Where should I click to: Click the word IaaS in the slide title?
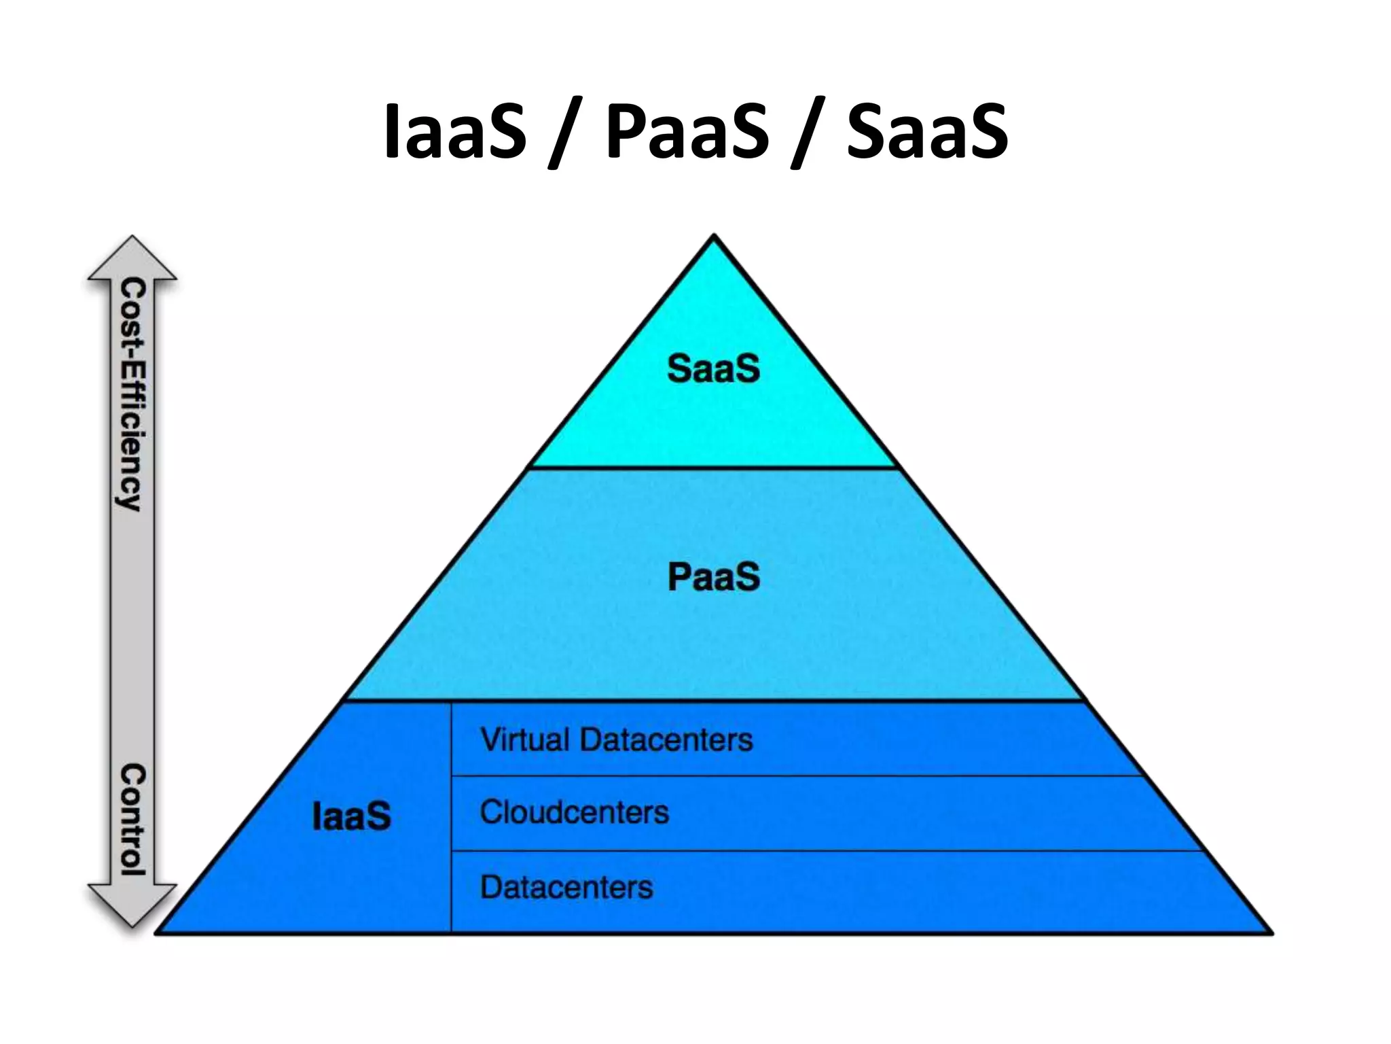[x=454, y=132]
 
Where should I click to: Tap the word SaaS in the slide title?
[x=927, y=132]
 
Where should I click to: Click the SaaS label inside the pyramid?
[x=713, y=369]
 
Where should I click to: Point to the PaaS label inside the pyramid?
[x=713, y=578]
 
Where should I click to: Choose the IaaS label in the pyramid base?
[x=351, y=816]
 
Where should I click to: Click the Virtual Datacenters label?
[x=617, y=739]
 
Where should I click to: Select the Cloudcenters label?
[x=575, y=812]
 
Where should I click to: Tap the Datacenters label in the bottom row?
[x=566, y=887]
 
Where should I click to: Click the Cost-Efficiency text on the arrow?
[x=132, y=395]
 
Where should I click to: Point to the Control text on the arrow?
[x=132, y=819]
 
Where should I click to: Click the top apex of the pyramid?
[x=714, y=238]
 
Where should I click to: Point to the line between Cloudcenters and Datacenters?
[x=815, y=850]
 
